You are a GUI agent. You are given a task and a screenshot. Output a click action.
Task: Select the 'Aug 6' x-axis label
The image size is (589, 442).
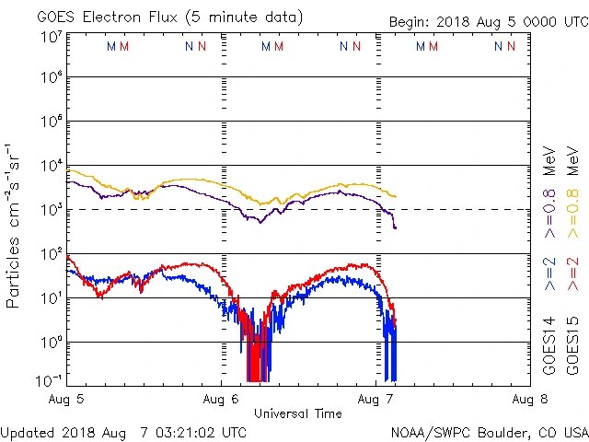pos(222,400)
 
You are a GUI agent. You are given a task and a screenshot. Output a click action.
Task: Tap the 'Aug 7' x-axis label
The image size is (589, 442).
pos(375,400)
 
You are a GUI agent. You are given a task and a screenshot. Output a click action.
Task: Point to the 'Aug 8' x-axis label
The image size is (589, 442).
pos(529,400)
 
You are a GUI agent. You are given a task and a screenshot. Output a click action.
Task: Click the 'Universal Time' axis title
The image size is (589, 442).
pos(298,413)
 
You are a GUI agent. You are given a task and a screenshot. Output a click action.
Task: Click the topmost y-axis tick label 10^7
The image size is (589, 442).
pos(50,37)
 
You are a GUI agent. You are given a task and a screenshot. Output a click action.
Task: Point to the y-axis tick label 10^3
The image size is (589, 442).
pos(50,210)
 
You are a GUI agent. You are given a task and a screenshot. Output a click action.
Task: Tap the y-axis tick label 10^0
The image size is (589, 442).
pos(50,343)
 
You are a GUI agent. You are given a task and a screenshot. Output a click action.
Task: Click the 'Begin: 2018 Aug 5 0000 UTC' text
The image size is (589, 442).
pos(487,20)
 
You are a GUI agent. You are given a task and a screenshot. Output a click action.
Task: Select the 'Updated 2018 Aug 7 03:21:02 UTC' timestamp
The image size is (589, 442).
pos(123,431)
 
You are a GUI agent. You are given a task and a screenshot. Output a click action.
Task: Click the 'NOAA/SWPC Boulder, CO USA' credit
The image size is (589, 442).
pos(489,431)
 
